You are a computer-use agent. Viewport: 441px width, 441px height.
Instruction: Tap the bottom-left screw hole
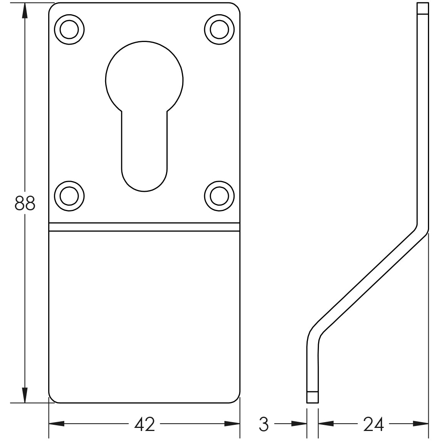click(69, 196)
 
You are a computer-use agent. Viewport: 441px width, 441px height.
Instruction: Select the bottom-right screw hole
click(219, 196)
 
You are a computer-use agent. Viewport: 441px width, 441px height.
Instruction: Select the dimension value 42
click(144, 424)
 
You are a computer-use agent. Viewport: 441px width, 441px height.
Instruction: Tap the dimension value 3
click(263, 424)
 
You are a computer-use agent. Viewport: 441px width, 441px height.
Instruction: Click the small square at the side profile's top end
click(423, 8)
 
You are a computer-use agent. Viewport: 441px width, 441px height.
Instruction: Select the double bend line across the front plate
click(144, 227)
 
